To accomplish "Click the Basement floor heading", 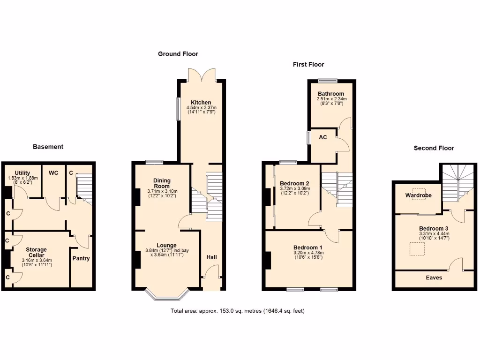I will (x=48, y=147).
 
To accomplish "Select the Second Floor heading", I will (x=434, y=148).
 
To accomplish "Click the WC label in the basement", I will (x=53, y=173).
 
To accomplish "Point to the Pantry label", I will (x=81, y=258).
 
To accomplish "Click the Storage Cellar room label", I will (x=37, y=252).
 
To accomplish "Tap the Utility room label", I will (x=22, y=173).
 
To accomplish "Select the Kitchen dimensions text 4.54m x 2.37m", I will (x=201, y=108).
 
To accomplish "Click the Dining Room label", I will (x=162, y=183).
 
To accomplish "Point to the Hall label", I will (x=212, y=257).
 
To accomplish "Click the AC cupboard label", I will (x=323, y=137).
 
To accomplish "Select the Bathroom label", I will (x=331, y=94).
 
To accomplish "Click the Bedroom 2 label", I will (x=294, y=183).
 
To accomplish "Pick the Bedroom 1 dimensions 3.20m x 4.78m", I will (x=308, y=253).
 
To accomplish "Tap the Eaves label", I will (x=434, y=277).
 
